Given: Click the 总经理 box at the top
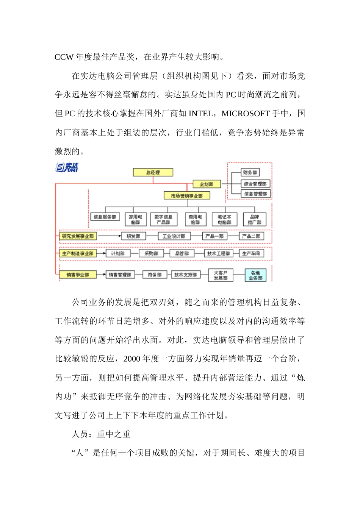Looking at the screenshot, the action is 153,172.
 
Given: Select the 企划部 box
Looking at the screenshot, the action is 207,184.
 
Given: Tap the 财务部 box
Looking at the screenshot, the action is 250,172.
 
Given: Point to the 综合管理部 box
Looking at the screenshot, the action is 255,184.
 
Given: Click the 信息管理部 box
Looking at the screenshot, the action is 255,194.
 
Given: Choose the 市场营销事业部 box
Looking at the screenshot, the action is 187,196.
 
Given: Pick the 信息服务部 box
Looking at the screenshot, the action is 105,217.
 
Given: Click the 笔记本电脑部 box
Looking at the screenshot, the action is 224,220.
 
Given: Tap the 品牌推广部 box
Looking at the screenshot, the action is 254,220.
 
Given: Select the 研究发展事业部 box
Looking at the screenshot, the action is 78,236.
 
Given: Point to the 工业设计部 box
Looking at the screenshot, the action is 174,236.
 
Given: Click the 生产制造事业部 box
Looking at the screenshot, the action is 78,253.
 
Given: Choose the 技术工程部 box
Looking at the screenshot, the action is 219,253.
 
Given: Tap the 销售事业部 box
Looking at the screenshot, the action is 78,275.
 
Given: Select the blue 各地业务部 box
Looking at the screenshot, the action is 255,275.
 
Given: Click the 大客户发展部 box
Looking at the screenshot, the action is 221,275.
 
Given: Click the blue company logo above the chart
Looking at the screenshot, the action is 67,167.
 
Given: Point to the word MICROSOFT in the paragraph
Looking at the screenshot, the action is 246,114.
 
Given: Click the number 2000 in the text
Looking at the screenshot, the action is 131,359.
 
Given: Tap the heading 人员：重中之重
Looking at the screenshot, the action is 101,434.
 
